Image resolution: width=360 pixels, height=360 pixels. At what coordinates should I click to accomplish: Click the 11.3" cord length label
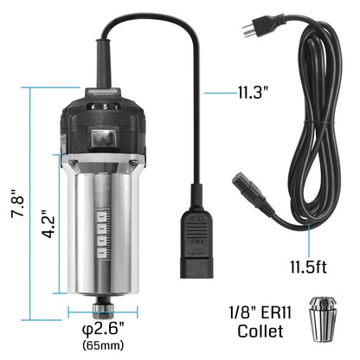[x=256, y=89]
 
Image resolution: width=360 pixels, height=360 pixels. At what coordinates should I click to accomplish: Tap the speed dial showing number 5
[x=105, y=107]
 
